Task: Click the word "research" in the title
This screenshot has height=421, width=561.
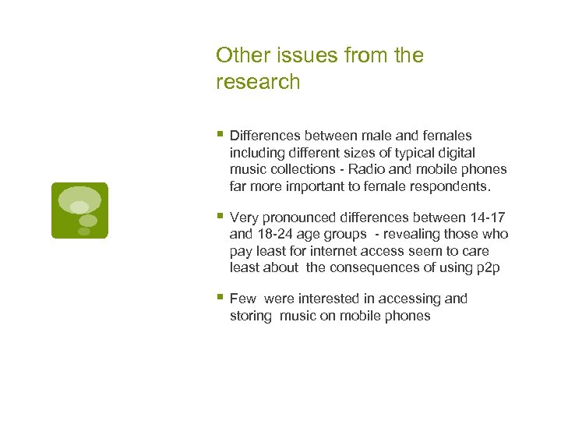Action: click(x=258, y=83)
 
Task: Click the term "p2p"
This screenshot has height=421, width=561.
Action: click(x=488, y=268)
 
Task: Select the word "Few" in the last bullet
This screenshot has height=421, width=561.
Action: click(x=243, y=299)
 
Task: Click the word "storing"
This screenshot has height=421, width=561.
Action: click(x=251, y=316)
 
